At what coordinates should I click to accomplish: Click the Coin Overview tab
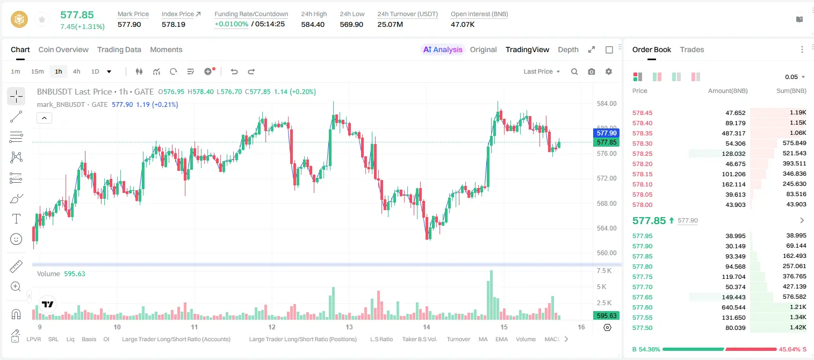pos(63,49)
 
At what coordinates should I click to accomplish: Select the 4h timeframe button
pos(76,71)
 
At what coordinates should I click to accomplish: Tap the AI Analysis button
pos(443,49)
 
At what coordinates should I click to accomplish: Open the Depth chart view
pos(568,49)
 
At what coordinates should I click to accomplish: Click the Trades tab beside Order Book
pos(692,49)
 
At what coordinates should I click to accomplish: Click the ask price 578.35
pos(642,133)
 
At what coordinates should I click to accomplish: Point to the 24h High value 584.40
pos(313,24)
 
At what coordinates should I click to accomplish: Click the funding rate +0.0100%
pos(232,24)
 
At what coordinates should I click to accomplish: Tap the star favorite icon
pos(42,20)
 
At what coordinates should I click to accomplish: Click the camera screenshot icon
pos(592,71)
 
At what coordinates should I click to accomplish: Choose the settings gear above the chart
pos(609,71)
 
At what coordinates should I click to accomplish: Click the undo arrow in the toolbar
pos(234,71)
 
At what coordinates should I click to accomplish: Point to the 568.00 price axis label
pos(607,204)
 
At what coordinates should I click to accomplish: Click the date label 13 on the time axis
pos(349,327)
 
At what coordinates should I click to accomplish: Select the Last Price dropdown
pos(542,71)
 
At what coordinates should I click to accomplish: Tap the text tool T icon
pos(16,219)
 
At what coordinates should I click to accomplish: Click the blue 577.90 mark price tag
pos(606,133)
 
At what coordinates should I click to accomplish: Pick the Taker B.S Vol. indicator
pos(419,339)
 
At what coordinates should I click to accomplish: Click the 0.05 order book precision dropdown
pos(795,77)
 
